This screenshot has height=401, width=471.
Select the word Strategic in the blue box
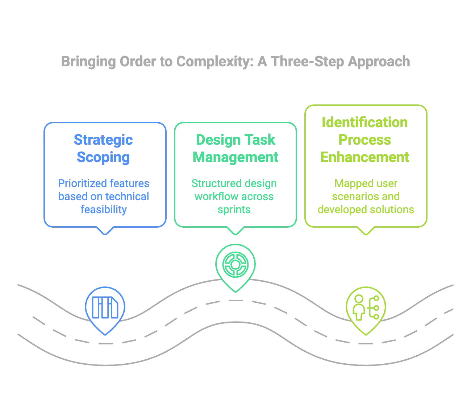click(x=103, y=140)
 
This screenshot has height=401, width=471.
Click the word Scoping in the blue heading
click(x=103, y=158)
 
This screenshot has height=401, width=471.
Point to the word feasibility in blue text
click(x=104, y=210)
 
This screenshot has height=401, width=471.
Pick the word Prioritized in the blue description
click(x=82, y=183)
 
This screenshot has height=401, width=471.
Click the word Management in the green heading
click(x=236, y=157)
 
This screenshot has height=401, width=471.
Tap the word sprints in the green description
click(x=234, y=210)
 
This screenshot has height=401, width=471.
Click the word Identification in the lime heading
click(x=364, y=123)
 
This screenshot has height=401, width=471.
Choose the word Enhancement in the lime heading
click(x=364, y=157)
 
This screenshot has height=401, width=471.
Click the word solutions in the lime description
click(x=392, y=210)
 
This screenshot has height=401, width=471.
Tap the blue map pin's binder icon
click(x=105, y=307)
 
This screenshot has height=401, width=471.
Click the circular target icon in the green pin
click(x=236, y=265)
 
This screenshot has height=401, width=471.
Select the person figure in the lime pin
click(x=359, y=307)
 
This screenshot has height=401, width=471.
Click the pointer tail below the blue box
click(x=105, y=231)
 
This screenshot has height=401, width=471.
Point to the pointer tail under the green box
click(x=236, y=231)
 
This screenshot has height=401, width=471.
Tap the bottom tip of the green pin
click(x=236, y=292)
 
